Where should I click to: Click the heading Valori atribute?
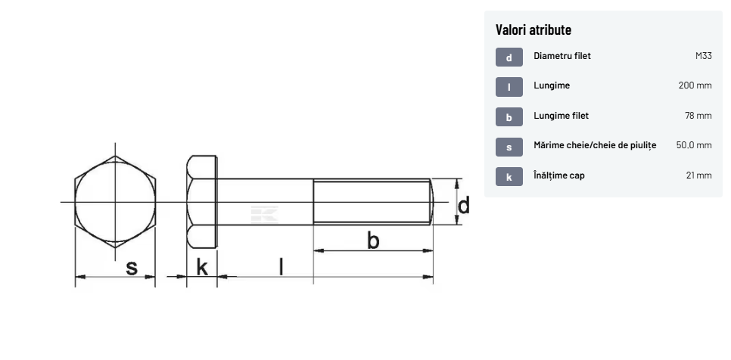pyautogui.click(x=533, y=29)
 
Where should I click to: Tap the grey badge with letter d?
pyautogui.click(x=509, y=57)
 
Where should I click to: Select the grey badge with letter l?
pyautogui.click(x=509, y=87)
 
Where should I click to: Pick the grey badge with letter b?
pyautogui.click(x=509, y=117)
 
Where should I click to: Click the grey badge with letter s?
pyautogui.click(x=509, y=147)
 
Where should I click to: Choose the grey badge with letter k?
pyautogui.click(x=509, y=176)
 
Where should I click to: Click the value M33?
pyautogui.click(x=704, y=56)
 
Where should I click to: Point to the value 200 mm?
pyautogui.click(x=695, y=85)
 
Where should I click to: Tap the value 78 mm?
pyautogui.click(x=698, y=116)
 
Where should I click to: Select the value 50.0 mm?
pyautogui.click(x=694, y=145)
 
